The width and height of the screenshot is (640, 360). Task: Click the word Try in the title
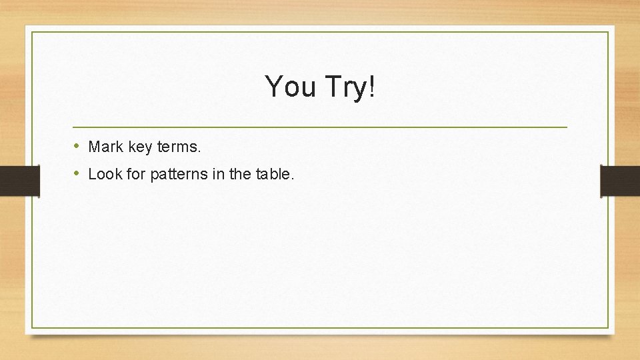click(x=345, y=87)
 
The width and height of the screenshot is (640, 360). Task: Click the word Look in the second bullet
click(x=103, y=175)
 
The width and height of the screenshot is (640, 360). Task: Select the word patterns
click(x=177, y=175)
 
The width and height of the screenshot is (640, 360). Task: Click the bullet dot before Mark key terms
click(x=77, y=146)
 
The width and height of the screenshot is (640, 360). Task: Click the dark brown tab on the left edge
click(x=19, y=181)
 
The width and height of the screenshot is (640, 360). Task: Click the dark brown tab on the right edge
click(x=620, y=181)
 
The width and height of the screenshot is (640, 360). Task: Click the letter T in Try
click(x=331, y=87)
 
